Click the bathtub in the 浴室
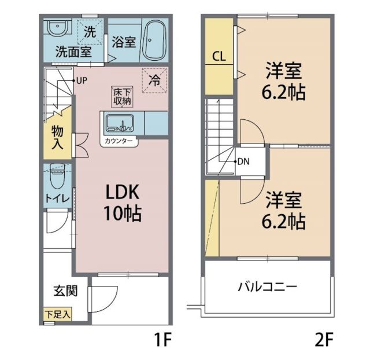pyautogui.click(x=154, y=41)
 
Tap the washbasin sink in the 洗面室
pyautogui.click(x=57, y=28)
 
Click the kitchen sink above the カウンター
pyautogui.click(x=119, y=123)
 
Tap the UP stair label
pyautogui.click(x=81, y=80)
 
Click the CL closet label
pyautogui.click(x=219, y=57)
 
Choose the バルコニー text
pyautogui.click(x=267, y=286)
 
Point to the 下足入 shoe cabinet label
pyautogui.click(x=57, y=315)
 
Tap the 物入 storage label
pyautogui.click(x=57, y=137)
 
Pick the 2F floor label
pyautogui.click(x=324, y=337)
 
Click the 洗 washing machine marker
pyautogui.click(x=91, y=32)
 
